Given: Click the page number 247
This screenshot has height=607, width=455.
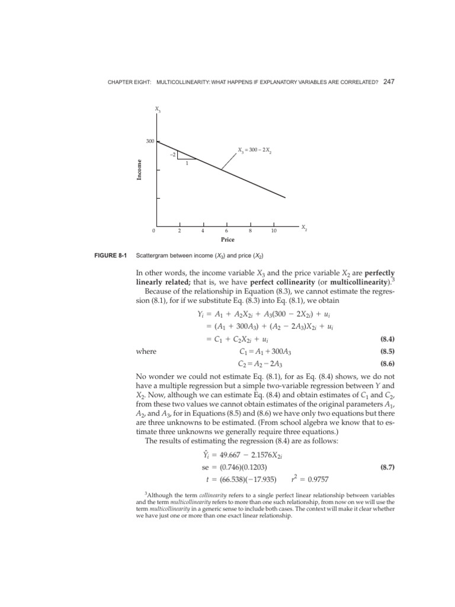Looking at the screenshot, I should click(389, 81).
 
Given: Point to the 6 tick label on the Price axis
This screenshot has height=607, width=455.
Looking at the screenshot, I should click(226, 231).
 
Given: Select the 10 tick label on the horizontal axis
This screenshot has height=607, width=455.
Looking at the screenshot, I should click(273, 231).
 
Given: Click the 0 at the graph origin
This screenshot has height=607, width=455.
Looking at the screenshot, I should click(153, 231).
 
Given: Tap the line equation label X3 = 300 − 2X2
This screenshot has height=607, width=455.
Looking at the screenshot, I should click(255, 149).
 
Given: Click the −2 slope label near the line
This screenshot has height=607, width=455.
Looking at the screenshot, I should click(172, 154).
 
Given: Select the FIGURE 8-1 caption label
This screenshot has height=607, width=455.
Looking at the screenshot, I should click(108, 255).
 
